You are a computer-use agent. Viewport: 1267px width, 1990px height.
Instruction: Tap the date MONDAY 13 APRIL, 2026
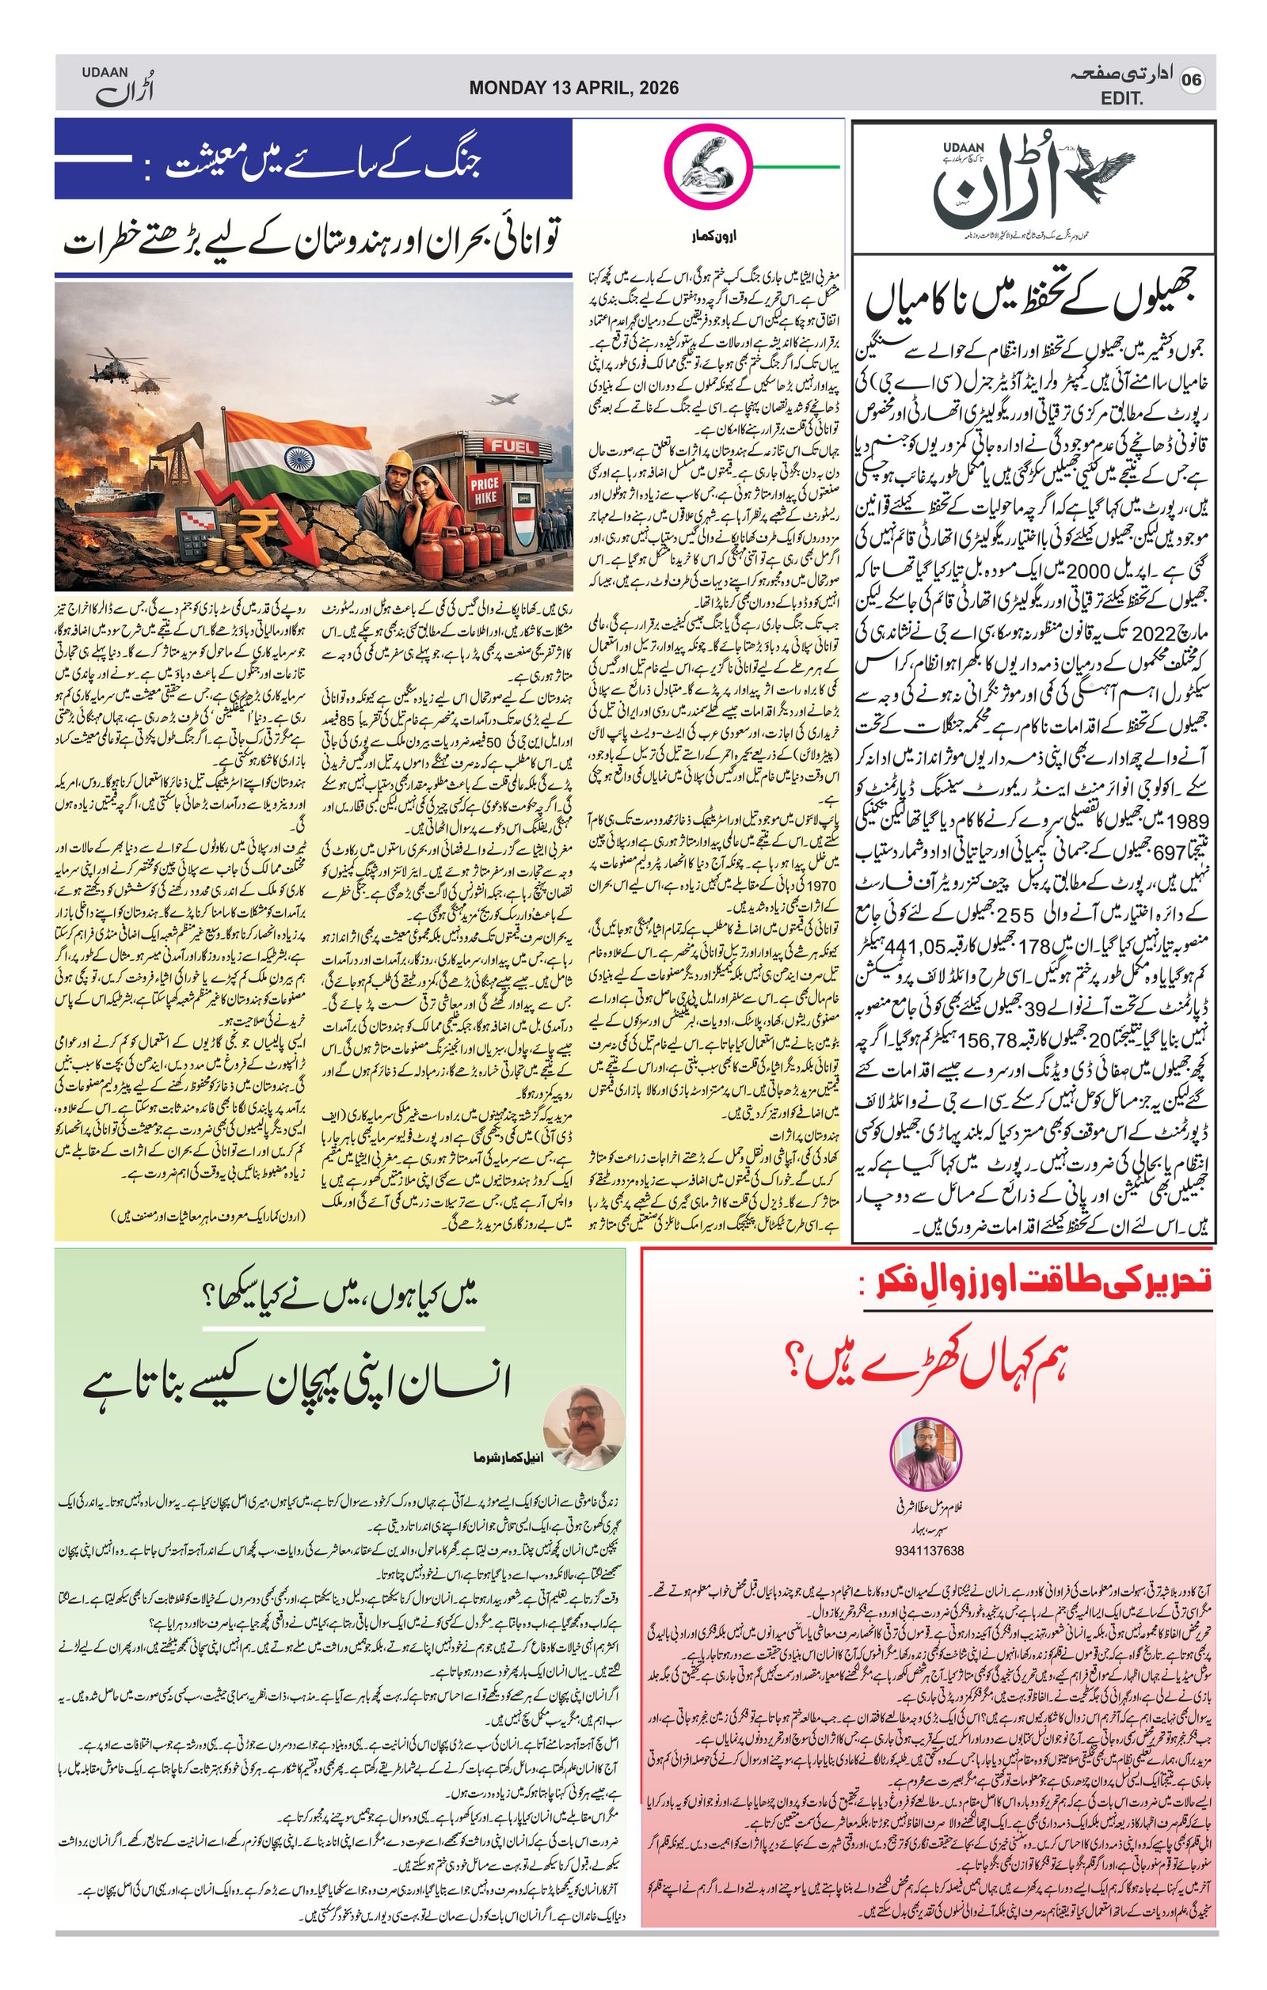[x=573, y=88]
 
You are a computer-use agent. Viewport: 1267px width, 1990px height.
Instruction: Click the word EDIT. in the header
[x=1122, y=99]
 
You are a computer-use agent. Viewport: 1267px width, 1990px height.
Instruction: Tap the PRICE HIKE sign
[x=485, y=487]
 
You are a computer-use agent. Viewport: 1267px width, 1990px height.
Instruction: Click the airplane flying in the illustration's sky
[x=504, y=399]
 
